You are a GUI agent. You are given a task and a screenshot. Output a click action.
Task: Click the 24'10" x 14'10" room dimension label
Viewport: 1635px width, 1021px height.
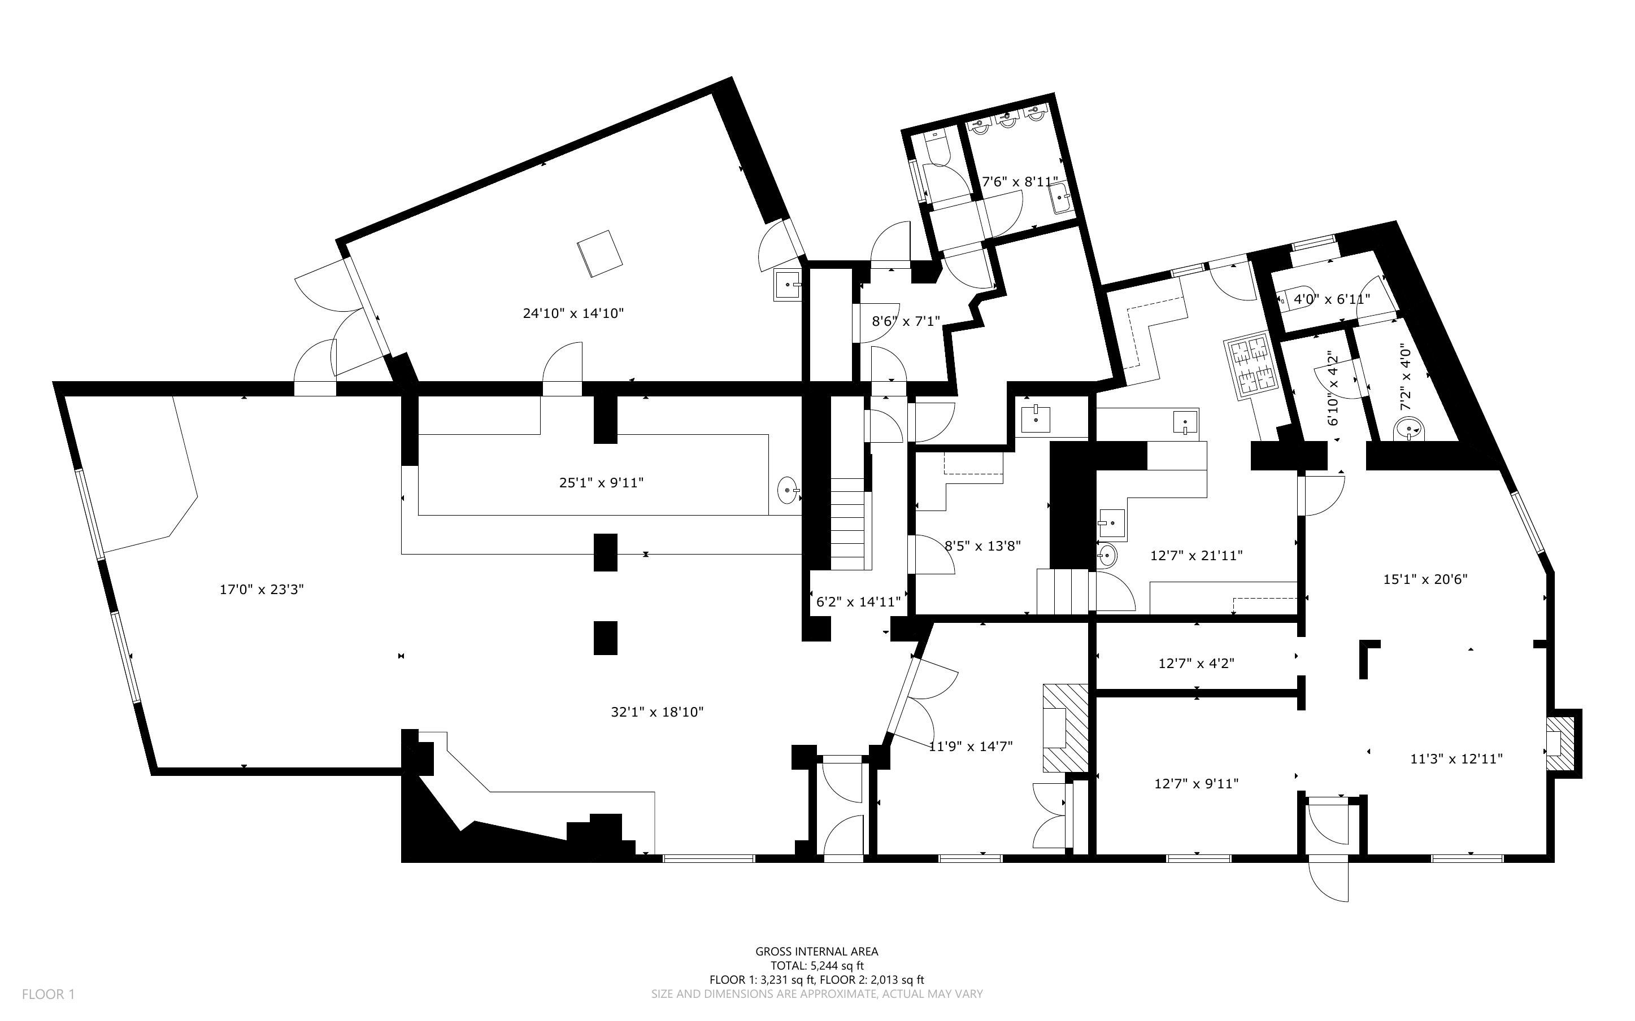click(573, 313)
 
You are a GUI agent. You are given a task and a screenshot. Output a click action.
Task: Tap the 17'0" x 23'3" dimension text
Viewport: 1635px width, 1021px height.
click(262, 590)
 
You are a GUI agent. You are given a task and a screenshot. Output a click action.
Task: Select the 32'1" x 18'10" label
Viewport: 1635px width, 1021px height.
click(657, 712)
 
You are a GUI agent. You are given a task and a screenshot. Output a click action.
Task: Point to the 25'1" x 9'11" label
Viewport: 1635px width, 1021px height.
click(601, 483)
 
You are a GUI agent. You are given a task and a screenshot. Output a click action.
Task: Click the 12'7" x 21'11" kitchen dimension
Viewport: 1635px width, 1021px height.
click(1196, 556)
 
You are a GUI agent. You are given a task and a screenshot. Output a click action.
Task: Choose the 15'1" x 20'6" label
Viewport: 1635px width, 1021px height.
click(1425, 579)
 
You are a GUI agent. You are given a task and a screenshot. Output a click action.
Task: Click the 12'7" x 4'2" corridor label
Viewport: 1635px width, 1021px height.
click(1196, 664)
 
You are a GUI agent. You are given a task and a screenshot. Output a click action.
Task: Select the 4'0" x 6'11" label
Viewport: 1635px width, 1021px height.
click(1331, 299)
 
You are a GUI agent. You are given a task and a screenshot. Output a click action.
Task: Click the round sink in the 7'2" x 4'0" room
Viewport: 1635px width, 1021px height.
click(1409, 428)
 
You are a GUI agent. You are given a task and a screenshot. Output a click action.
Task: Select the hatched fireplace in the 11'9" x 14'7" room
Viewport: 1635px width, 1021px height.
click(1065, 728)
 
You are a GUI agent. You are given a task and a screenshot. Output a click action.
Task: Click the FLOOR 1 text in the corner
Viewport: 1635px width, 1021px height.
click(48, 994)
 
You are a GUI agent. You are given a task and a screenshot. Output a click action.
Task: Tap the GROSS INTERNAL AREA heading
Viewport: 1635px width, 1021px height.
click(816, 952)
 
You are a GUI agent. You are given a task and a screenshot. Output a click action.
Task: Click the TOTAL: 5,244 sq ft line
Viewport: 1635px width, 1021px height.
click(816, 966)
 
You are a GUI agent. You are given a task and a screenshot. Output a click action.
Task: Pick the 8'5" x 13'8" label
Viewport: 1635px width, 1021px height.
click(982, 546)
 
